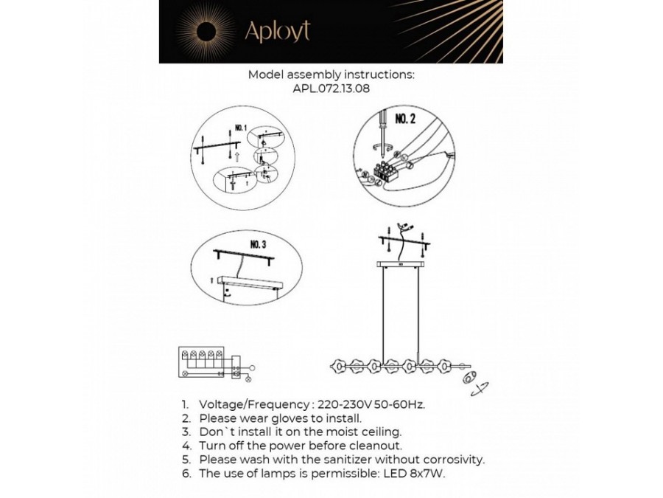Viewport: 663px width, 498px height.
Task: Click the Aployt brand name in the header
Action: coord(277,31)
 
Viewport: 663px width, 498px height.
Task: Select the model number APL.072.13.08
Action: coord(331,89)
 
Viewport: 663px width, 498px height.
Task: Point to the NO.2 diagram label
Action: coord(406,119)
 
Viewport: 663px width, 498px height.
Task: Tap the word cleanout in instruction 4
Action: coord(373,446)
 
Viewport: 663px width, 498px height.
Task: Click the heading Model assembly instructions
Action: coord(331,75)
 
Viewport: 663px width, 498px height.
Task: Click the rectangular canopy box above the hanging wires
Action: coord(401,263)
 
